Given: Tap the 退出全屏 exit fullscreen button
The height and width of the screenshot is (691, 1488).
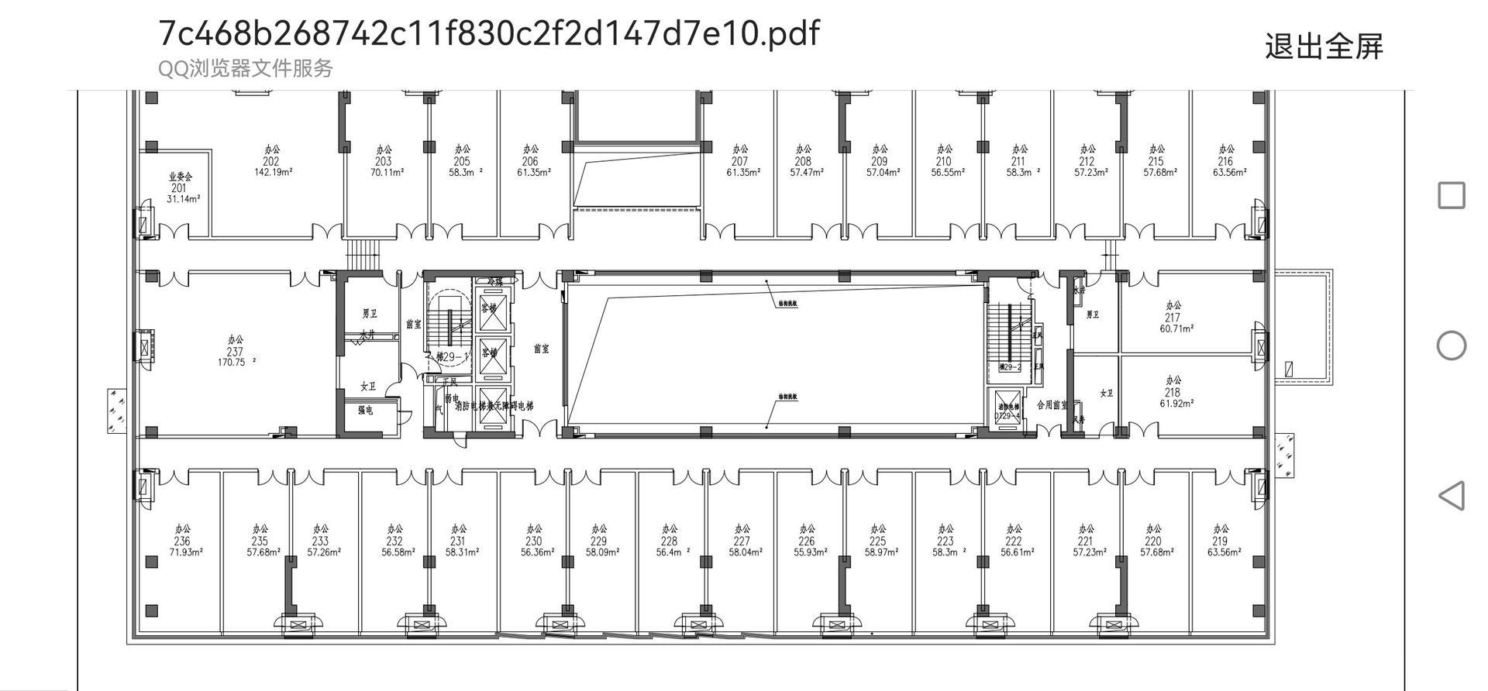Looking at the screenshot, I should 1323,46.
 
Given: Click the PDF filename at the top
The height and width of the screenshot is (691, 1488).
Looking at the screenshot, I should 488,33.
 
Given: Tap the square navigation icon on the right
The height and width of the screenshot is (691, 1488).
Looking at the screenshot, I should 1451,195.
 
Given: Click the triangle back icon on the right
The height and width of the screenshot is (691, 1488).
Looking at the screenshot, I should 1451,495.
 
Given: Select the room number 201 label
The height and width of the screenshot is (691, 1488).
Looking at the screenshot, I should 179,188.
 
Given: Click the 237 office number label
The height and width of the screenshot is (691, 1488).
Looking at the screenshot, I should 235,352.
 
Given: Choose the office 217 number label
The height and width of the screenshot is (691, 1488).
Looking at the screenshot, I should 1172,318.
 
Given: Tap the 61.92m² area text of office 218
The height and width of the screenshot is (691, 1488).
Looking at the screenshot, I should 1176,404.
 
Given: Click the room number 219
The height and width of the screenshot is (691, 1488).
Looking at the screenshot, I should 1220,541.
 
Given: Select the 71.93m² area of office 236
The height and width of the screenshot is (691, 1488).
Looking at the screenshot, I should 186,552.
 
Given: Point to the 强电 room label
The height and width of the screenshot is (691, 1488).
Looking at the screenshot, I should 365,410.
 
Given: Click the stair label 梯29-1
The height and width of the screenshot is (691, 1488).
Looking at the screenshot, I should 453,357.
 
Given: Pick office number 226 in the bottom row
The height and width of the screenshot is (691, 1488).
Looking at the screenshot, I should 806,541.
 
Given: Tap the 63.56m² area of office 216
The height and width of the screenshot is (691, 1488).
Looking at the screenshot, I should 1230,173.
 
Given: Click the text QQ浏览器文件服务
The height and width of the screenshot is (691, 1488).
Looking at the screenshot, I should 245,69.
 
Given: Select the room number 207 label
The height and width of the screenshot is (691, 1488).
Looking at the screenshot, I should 739,162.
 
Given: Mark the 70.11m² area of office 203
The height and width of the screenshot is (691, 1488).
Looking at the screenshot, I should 387,173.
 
